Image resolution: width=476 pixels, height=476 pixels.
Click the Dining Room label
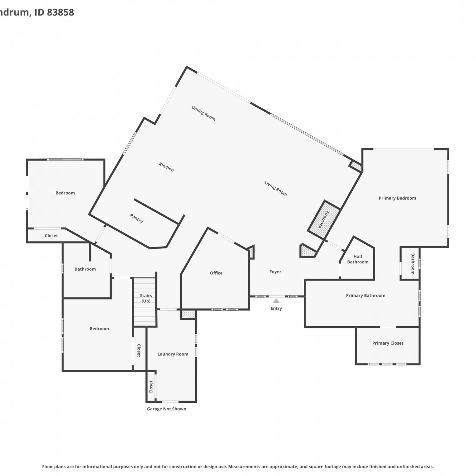203,113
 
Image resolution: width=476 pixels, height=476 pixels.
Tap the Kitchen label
166,167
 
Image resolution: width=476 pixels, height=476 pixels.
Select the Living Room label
275,188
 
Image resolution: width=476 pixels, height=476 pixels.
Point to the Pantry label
136,218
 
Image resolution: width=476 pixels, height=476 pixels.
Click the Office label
216,273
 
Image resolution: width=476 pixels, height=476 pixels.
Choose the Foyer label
275,272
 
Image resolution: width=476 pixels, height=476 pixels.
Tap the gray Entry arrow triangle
276,301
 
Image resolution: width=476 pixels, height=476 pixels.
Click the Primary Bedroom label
397,198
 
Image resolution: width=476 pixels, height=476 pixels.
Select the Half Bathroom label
358,259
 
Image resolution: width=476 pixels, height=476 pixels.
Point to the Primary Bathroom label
366,295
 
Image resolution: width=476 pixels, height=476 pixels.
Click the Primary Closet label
388,343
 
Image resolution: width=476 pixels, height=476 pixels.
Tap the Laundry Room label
173,354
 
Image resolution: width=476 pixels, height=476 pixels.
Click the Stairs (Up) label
146,298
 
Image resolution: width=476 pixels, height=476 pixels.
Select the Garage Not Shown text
167,409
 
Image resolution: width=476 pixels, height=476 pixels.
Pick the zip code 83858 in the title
61,12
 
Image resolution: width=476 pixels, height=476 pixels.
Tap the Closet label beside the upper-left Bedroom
51,235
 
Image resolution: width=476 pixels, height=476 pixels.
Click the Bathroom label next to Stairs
85,269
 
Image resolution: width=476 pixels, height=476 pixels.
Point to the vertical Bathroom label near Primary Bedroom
413,264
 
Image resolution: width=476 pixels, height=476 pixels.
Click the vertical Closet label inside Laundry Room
151,387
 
